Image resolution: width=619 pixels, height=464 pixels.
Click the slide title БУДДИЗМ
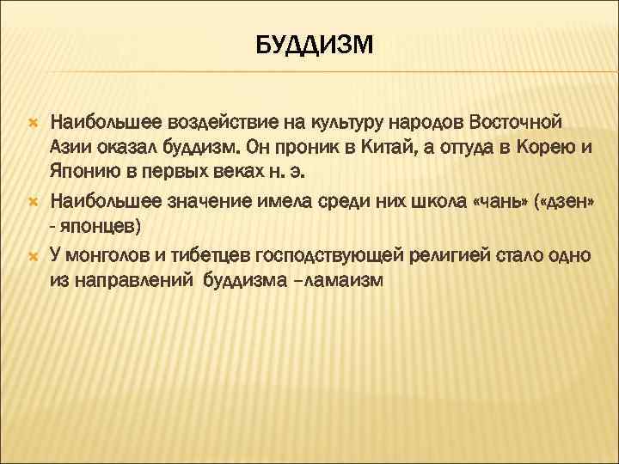[x=315, y=44]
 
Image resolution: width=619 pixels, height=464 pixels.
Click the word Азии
[x=70, y=147]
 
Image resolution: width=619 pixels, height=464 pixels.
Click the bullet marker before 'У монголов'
[x=33, y=256]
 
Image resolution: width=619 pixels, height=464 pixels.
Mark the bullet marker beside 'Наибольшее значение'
[x=33, y=203]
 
